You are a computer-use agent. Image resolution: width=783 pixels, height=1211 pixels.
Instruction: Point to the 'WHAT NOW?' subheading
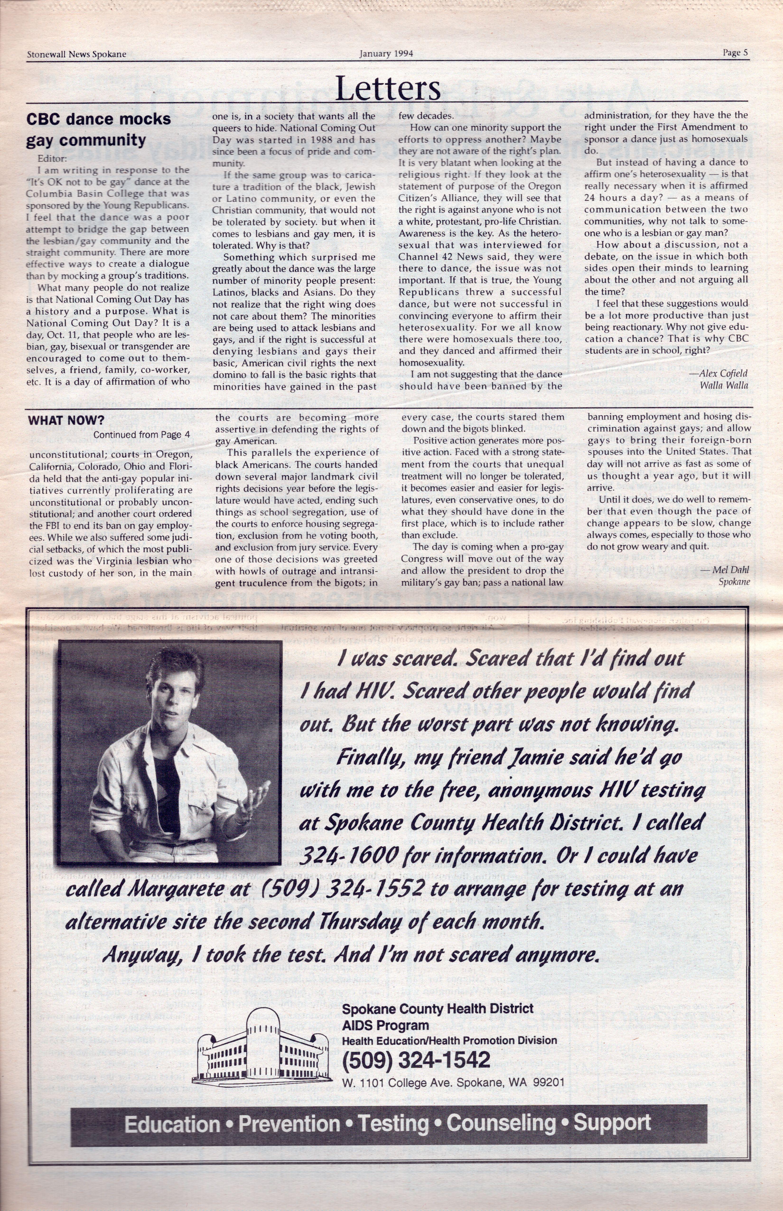(66, 420)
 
